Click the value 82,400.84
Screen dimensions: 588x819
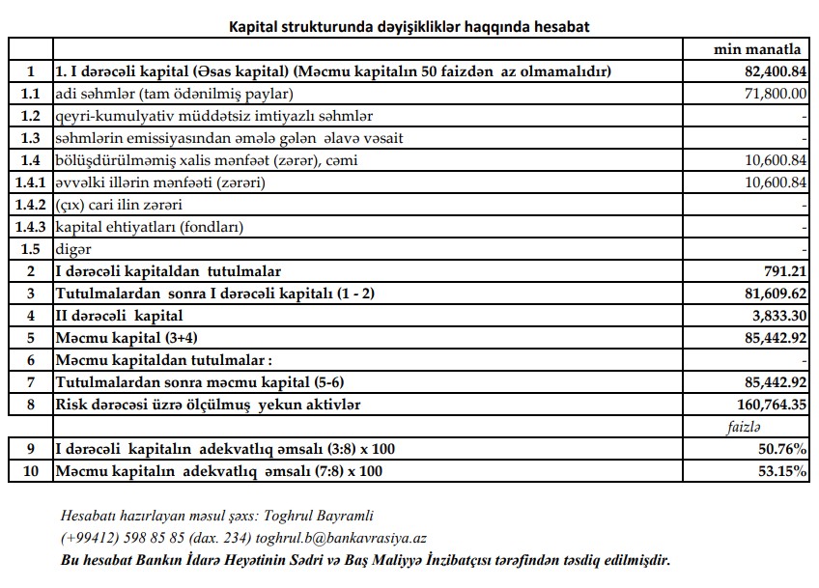pos(771,71)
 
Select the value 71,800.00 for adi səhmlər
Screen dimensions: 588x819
pos(771,94)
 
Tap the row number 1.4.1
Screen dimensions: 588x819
pos(31,182)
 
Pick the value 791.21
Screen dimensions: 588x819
pos(783,271)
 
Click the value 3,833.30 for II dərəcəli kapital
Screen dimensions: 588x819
pos(775,316)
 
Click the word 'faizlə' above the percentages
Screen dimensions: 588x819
pos(744,427)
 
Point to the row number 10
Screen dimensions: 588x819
pos(31,471)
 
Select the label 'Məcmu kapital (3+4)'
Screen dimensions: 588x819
pos(125,338)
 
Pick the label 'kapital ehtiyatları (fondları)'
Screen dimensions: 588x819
pos(150,227)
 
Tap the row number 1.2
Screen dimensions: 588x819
pos(31,116)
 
